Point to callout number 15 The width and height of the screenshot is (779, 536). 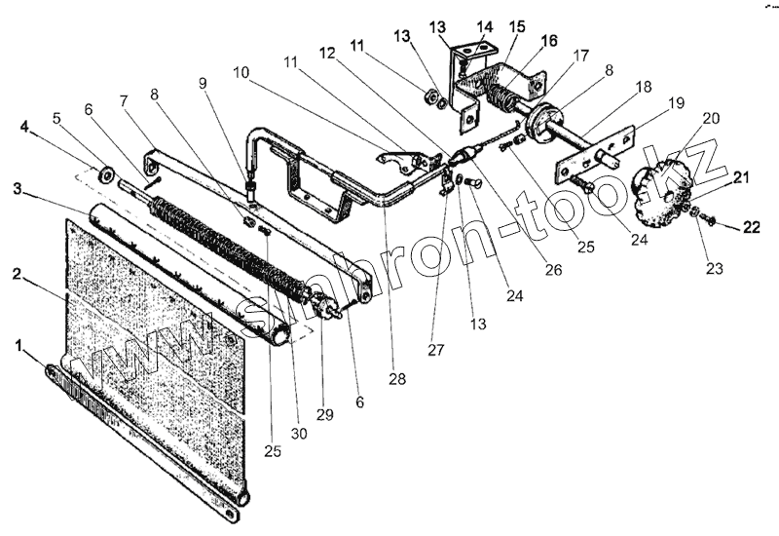tap(515, 24)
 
